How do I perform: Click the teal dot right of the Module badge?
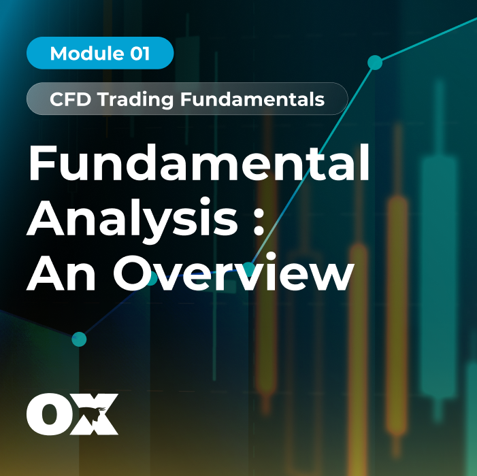coord(374,63)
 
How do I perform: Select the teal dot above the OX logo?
coord(79,339)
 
